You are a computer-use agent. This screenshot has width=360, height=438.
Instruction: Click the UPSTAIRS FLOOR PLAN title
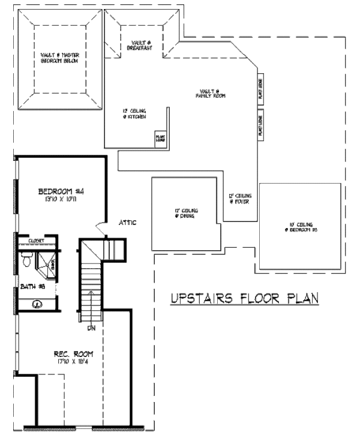[x=244, y=298]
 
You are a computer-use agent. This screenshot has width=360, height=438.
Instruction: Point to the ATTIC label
[x=127, y=223]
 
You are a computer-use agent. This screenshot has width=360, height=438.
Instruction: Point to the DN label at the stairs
[x=92, y=328]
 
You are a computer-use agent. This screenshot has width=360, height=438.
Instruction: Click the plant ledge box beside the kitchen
[x=161, y=139]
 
